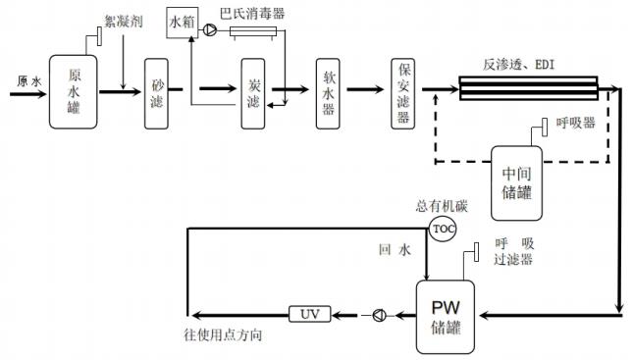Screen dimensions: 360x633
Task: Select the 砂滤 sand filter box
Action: (158, 92)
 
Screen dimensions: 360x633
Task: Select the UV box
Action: (310, 314)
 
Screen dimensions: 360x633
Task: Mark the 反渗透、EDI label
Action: (516, 65)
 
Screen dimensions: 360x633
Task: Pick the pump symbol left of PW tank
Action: (379, 315)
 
